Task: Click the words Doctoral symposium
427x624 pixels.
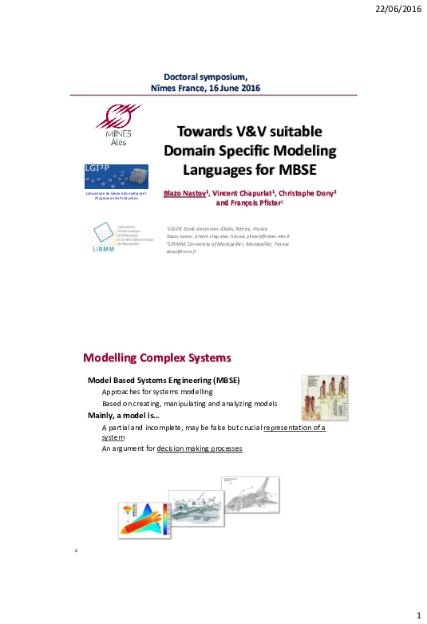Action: click(x=206, y=75)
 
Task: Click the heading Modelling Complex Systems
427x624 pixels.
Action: click(x=157, y=356)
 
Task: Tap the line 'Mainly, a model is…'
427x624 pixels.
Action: click(x=123, y=416)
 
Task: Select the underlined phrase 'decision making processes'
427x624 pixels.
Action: click(x=199, y=448)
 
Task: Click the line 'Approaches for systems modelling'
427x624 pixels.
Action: click(x=157, y=392)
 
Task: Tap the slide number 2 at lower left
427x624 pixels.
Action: click(x=76, y=551)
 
